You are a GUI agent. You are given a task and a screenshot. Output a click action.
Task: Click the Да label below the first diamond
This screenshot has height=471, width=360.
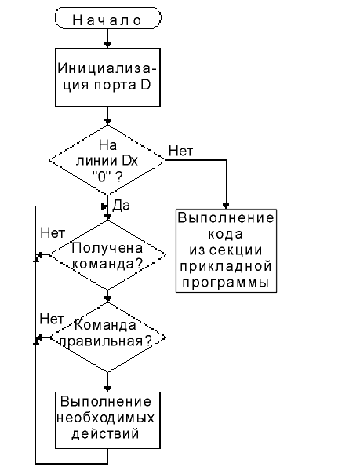pyautogui.click(x=122, y=206)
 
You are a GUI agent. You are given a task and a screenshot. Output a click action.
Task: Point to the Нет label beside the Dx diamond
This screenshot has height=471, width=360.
pyautogui.click(x=181, y=151)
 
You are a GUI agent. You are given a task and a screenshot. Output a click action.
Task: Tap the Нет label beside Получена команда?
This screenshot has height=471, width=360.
pyautogui.click(x=53, y=233)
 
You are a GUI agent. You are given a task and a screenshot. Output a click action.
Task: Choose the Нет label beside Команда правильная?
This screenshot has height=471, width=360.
pyautogui.click(x=52, y=319)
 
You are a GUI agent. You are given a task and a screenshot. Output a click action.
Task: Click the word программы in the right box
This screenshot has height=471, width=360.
pyautogui.click(x=225, y=283)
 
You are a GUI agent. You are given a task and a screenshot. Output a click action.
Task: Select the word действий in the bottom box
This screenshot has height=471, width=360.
pyautogui.click(x=105, y=434)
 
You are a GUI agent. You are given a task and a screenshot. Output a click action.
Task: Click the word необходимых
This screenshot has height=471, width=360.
pyautogui.click(x=106, y=418)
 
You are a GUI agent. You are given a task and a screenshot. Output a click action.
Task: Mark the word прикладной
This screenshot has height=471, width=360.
pyautogui.click(x=226, y=266)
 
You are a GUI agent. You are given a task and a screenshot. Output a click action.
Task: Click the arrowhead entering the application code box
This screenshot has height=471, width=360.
pyautogui.click(x=226, y=206)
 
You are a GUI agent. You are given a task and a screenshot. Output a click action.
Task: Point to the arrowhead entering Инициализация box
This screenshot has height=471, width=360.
pyautogui.click(x=107, y=45)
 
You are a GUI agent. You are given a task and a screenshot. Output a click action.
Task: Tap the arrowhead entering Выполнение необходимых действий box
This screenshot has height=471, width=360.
pyautogui.click(x=107, y=389)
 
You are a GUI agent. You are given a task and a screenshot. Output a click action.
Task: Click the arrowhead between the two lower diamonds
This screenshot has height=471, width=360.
pyautogui.click(x=107, y=299)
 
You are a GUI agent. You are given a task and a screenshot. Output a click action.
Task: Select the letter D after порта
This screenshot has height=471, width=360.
pyautogui.click(x=145, y=85)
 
